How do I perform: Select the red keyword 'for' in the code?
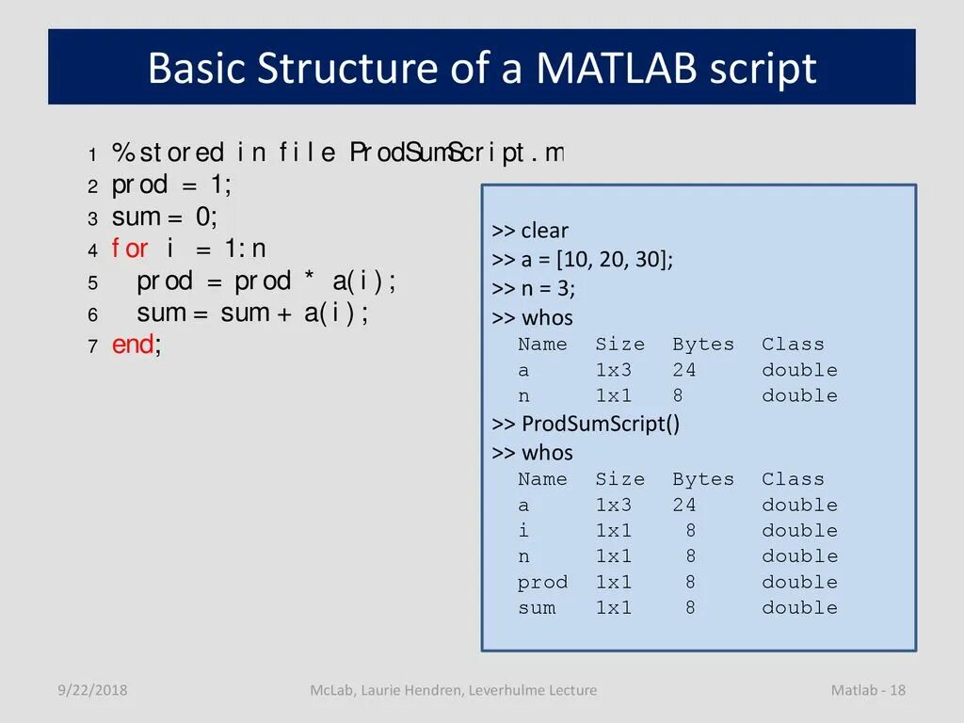tap(130, 249)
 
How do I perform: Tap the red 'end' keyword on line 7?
tap(134, 345)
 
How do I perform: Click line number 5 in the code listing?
tap(93, 283)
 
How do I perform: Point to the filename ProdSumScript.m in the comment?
tap(457, 153)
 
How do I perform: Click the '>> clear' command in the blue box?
tap(530, 231)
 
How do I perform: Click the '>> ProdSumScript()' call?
tap(586, 424)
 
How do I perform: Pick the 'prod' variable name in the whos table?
tap(542, 583)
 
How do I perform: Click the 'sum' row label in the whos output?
tap(537, 608)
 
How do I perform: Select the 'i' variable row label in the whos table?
tap(524, 531)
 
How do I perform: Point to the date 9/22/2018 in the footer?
tap(91, 691)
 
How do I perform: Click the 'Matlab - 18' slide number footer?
tap(867, 691)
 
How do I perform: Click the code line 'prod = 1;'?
tap(171, 185)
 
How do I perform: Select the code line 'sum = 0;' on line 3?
tap(165, 217)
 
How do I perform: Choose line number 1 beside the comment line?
tap(93, 154)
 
